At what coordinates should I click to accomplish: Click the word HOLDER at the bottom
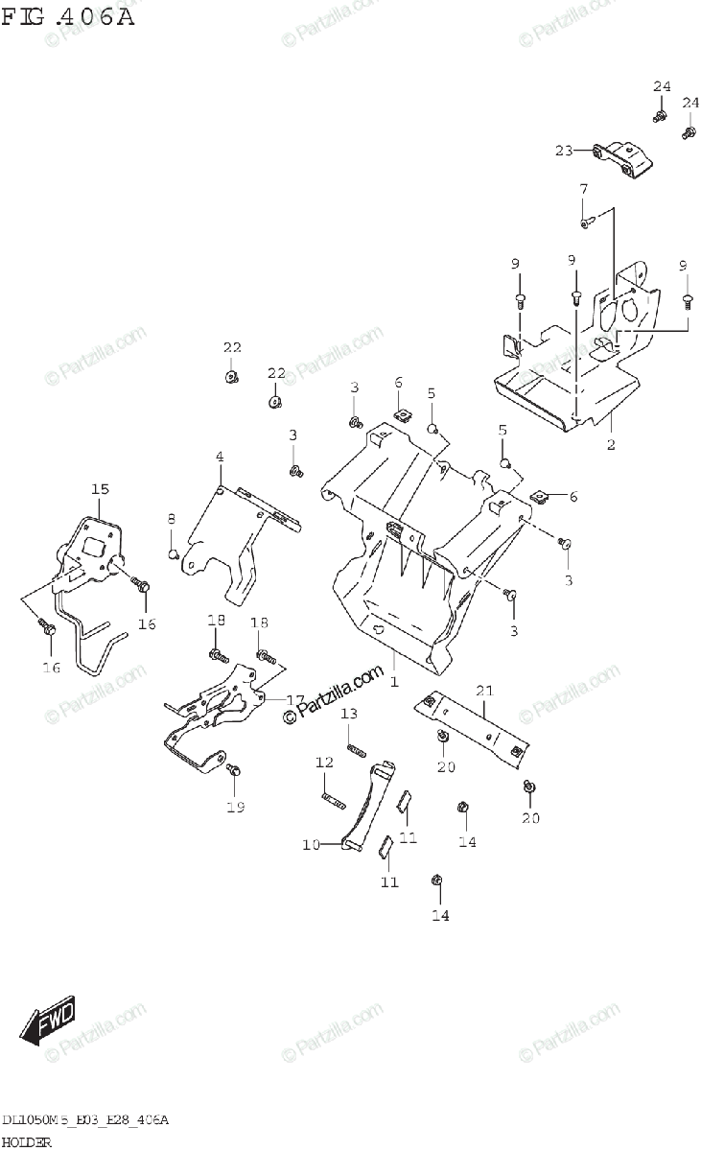26,1141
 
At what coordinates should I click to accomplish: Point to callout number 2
611,444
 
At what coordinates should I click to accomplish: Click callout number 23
564,150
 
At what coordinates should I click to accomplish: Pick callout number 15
100,490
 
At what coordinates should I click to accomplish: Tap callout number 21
483,691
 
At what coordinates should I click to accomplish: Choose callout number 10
311,845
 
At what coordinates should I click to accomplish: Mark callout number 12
324,763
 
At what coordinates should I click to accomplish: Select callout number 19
235,807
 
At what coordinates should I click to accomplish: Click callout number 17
295,700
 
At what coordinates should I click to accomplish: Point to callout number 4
219,458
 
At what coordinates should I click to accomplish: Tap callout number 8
172,519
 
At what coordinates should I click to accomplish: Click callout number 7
582,189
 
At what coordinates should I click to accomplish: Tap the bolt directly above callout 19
232,770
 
